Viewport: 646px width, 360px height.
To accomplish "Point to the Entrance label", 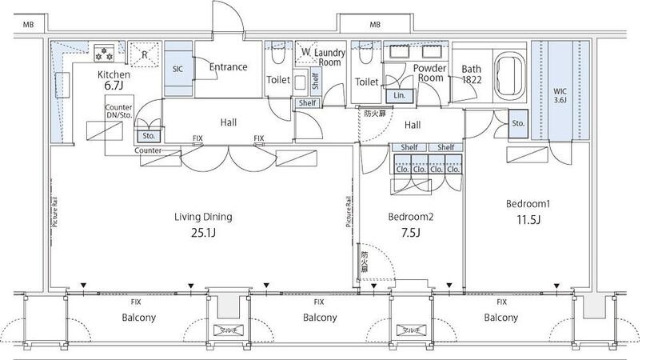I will [x=228, y=67].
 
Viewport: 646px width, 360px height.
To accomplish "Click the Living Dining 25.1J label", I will [x=204, y=223].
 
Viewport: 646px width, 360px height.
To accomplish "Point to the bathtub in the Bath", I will [x=509, y=70].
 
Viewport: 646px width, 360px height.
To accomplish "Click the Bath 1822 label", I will [x=471, y=74].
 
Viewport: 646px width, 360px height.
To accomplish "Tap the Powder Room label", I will [x=429, y=73].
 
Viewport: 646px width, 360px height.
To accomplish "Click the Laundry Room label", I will [x=328, y=58].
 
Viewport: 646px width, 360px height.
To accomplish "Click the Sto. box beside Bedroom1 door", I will [x=518, y=124].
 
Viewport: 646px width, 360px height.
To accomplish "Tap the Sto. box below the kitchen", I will [x=150, y=136].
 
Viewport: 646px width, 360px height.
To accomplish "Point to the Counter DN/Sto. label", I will [x=118, y=111].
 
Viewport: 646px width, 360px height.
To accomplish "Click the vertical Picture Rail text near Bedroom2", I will [x=349, y=213].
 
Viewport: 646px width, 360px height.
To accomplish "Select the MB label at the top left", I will [x=29, y=25].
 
